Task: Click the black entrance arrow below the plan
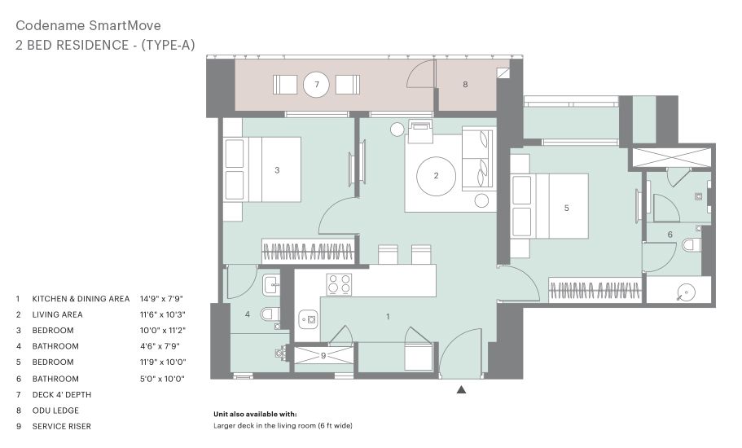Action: point(461,390)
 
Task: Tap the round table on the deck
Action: point(316,85)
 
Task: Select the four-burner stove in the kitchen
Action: point(339,284)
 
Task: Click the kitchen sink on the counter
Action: point(308,320)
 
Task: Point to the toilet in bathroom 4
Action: point(270,314)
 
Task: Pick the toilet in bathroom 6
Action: point(692,245)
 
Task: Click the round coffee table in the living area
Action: point(436,176)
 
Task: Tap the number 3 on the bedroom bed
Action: point(277,170)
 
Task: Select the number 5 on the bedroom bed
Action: point(566,209)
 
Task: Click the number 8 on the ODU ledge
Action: point(465,84)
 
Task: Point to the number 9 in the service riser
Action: point(323,356)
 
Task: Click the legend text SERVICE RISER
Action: point(62,426)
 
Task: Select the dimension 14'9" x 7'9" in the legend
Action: point(161,298)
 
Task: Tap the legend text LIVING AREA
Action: point(57,314)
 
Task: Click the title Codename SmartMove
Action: point(89,25)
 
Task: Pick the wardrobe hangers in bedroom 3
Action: point(308,251)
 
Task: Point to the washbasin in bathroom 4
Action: point(271,285)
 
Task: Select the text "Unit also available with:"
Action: point(255,415)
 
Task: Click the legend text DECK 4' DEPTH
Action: point(62,394)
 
